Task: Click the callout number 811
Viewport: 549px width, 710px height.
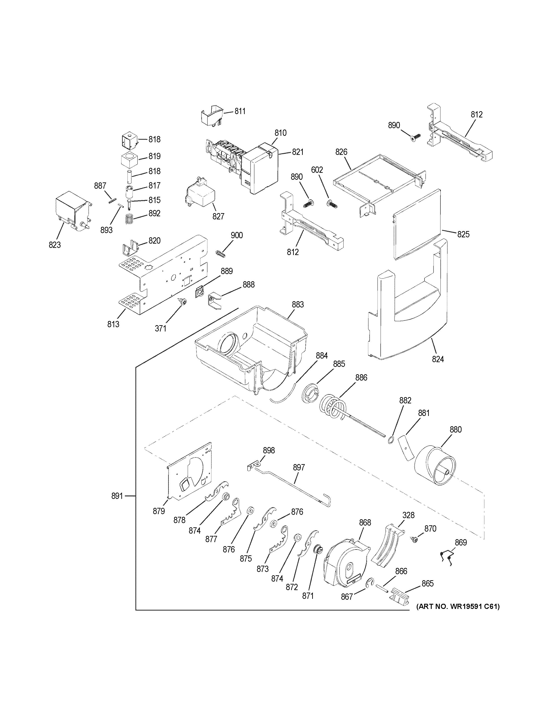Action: click(x=240, y=111)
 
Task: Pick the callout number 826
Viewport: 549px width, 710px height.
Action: click(x=341, y=152)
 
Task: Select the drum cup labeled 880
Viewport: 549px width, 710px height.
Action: click(x=435, y=468)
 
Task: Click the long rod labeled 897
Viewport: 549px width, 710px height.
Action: click(x=293, y=488)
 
